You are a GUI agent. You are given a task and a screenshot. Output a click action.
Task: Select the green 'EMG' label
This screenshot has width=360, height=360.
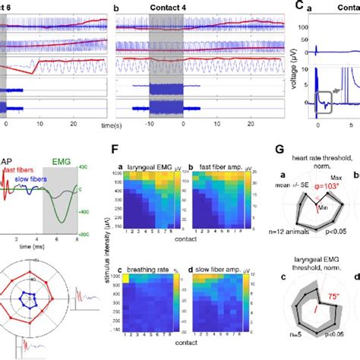click(62, 172)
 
